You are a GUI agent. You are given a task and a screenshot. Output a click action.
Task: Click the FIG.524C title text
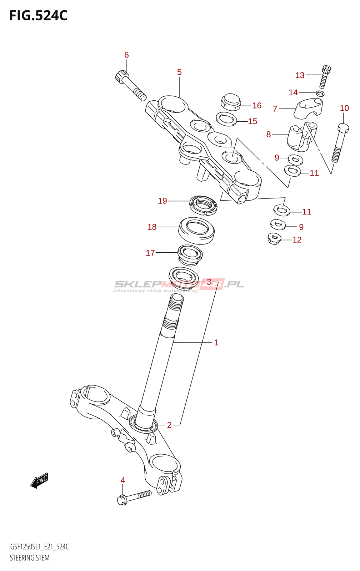(x=38, y=16)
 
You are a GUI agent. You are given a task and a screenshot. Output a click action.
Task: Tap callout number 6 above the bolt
(x=126, y=55)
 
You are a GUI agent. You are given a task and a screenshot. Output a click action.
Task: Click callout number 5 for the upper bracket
(x=179, y=72)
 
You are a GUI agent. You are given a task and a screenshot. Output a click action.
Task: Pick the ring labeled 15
(x=226, y=119)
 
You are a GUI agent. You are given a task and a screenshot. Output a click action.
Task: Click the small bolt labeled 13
(x=325, y=76)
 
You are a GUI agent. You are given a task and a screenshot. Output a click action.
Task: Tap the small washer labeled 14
(x=320, y=94)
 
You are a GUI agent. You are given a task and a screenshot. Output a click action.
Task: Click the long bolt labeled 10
(x=340, y=143)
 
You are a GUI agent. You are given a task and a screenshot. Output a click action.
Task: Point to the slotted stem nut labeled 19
(x=203, y=205)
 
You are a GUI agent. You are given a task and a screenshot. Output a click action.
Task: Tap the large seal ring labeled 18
(x=196, y=230)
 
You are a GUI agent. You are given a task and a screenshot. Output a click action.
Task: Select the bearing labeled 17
(x=190, y=255)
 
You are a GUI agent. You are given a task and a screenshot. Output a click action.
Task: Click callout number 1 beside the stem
(x=216, y=343)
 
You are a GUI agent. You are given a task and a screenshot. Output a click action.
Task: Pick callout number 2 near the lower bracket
(x=169, y=425)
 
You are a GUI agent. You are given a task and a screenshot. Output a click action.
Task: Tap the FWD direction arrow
(x=39, y=481)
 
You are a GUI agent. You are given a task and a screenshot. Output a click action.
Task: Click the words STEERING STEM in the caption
(x=30, y=558)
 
